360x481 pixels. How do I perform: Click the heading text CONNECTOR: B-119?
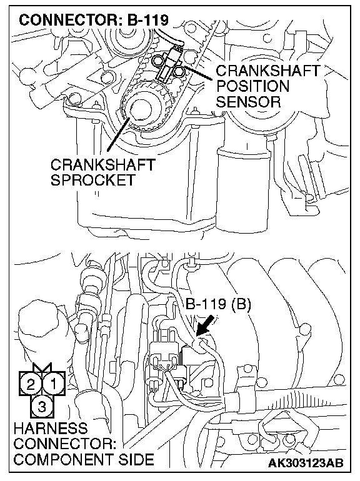[x=94, y=20]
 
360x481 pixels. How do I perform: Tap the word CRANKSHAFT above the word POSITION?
[x=268, y=71]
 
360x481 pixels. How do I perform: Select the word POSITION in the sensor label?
[x=252, y=86]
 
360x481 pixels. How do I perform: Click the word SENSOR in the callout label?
[x=248, y=102]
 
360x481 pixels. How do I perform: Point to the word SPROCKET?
[x=93, y=180]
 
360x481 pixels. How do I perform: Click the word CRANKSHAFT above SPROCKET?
[x=103, y=165]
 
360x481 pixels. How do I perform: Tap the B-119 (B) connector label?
[x=218, y=305]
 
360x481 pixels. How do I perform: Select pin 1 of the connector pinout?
[x=53, y=384]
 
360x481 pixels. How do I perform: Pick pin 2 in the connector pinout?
[x=31, y=384]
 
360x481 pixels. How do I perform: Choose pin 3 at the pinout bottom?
[x=42, y=407]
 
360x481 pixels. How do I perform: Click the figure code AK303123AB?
[x=306, y=463]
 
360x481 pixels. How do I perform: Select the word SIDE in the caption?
[x=135, y=460]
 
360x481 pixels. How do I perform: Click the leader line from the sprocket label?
[x=118, y=134]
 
